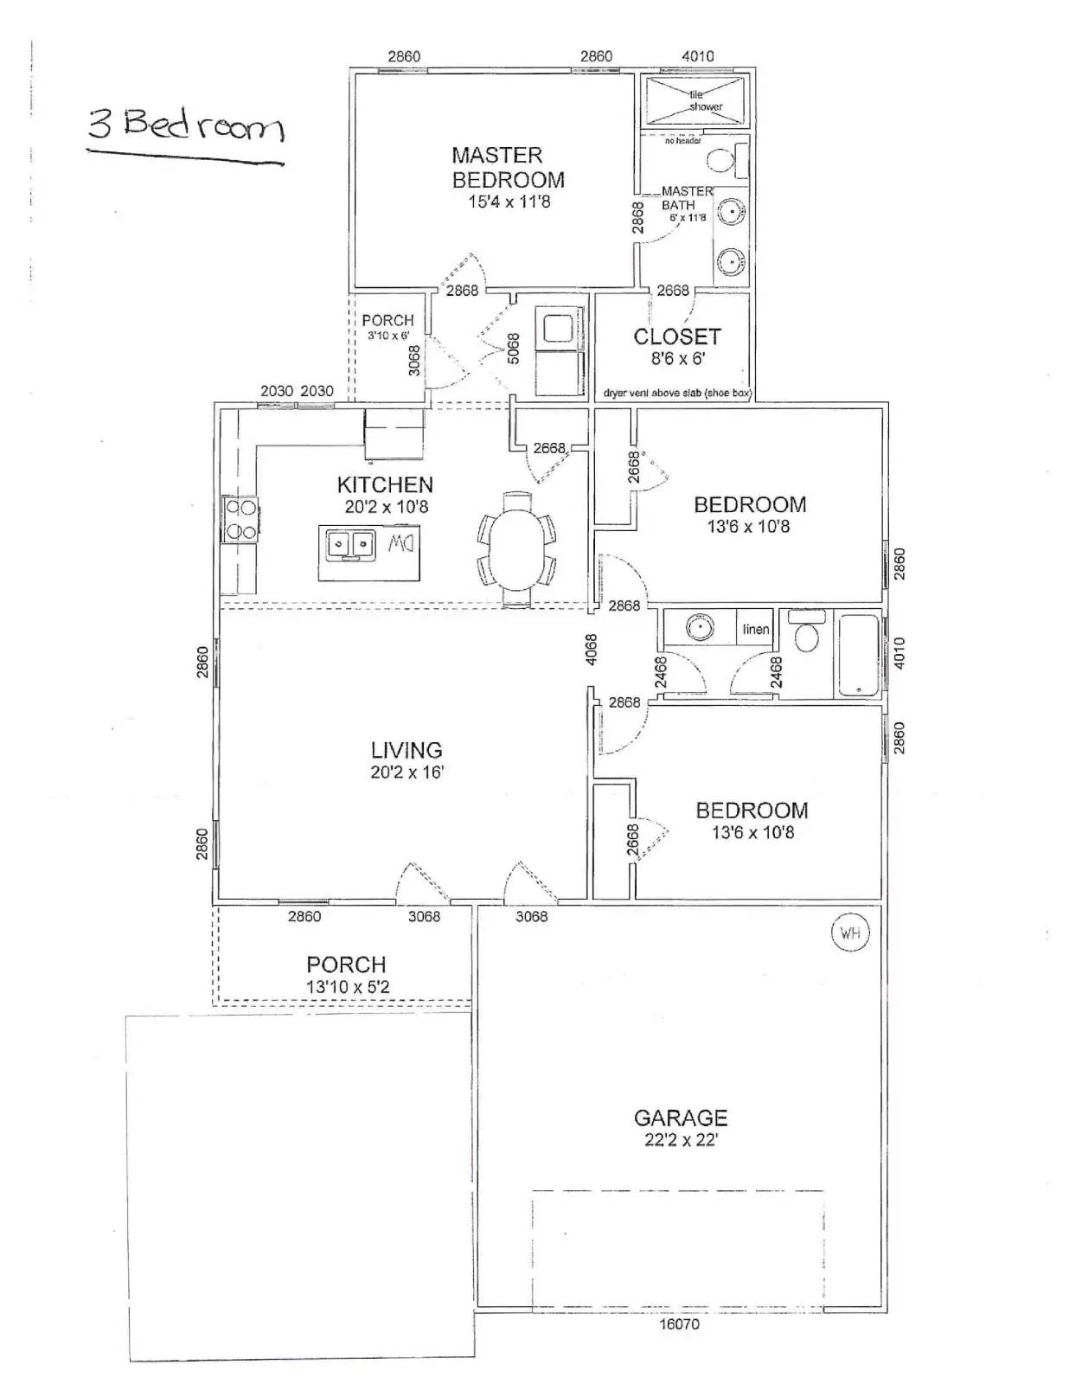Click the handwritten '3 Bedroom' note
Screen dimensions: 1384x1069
tap(185, 126)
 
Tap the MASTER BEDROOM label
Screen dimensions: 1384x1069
tap(508, 168)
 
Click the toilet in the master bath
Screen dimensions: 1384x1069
tap(722, 160)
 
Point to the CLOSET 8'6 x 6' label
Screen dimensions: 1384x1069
tap(677, 346)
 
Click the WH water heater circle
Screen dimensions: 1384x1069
tap(849, 933)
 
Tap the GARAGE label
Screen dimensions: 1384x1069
tap(681, 1118)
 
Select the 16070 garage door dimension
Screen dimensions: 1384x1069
tap(679, 1323)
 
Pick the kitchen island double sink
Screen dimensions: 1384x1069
tap(349, 545)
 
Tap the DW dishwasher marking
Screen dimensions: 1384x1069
tap(400, 544)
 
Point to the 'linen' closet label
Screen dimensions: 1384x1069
tap(755, 630)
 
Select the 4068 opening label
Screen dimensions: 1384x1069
tap(591, 650)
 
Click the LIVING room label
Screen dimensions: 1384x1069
tap(406, 750)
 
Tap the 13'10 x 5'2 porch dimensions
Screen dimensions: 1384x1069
tap(348, 987)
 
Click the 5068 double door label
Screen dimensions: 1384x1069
tap(513, 349)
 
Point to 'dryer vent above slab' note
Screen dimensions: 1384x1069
tap(677, 393)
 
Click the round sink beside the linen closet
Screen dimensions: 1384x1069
tap(700, 626)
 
